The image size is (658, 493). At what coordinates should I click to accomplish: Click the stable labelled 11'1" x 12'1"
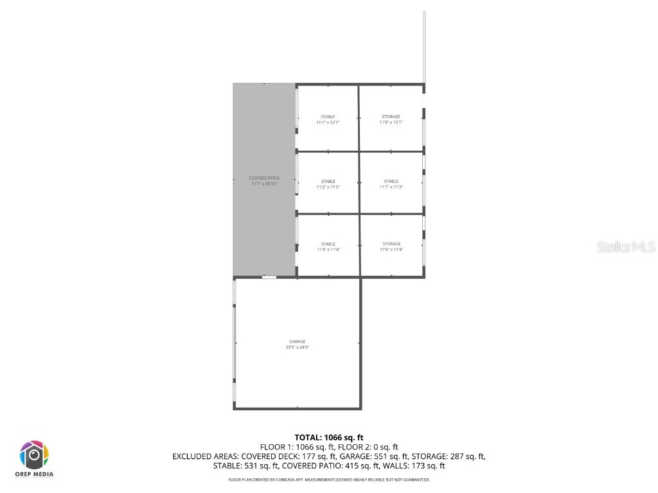pos(328,119)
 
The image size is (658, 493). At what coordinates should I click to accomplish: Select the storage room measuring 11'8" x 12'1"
pos(391,119)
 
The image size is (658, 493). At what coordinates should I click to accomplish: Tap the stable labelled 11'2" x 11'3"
pos(328,184)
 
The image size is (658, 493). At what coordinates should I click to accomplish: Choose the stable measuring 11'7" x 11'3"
pos(391,184)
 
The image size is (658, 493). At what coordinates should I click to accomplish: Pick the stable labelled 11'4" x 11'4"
pos(328,246)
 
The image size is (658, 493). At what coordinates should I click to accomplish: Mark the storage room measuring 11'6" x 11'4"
pos(391,246)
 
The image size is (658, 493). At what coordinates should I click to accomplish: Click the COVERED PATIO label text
pos(264,178)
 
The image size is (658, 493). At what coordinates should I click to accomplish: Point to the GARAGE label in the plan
pos(297,342)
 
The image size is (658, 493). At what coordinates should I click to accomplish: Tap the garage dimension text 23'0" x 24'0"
pos(298,347)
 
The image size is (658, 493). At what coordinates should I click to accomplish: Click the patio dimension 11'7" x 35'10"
pos(264,184)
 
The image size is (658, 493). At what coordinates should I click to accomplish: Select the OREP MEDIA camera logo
pos(34,456)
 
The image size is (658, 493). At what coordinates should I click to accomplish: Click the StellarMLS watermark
pos(625,247)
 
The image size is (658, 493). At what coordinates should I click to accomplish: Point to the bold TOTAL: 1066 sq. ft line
pos(329,437)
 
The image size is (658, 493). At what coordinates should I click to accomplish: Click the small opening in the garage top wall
pos(269,277)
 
